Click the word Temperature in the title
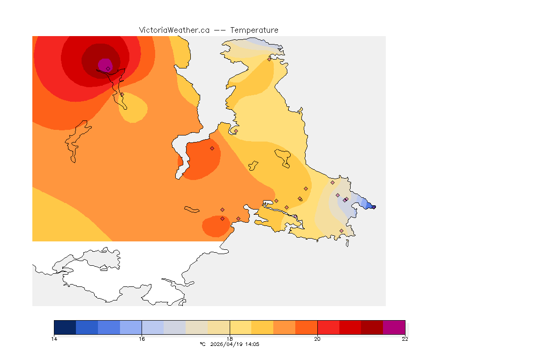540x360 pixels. click(255, 30)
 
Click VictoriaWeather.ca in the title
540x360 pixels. click(174, 30)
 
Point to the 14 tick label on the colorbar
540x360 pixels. click(54, 339)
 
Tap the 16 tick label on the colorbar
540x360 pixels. click(142, 339)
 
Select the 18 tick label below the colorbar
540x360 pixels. click(230, 339)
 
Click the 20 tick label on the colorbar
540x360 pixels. click(317, 339)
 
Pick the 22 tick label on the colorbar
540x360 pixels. click(405, 339)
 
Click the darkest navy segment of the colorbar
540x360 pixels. click(65, 327)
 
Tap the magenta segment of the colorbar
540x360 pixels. click(394, 327)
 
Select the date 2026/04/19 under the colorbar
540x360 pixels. click(227, 344)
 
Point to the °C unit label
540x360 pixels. click(202, 344)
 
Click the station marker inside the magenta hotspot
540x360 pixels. click(108, 68)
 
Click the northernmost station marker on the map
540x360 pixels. click(269, 59)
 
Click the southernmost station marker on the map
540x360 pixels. click(341, 231)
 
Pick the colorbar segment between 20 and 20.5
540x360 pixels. click(328, 327)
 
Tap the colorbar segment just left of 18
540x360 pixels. click(218, 327)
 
